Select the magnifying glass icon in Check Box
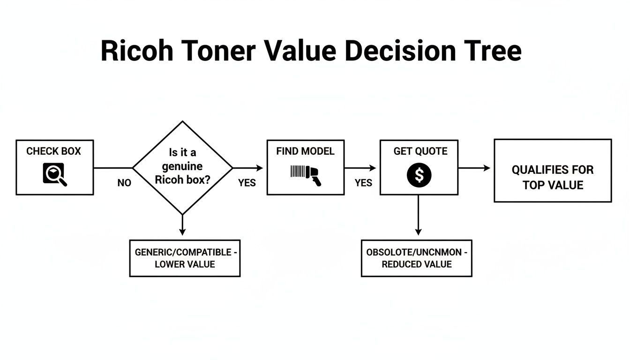click(55, 175)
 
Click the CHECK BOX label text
click(53, 151)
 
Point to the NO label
click(124, 183)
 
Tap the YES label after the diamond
click(247, 183)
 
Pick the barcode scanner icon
click(305, 175)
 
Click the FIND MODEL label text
click(305, 151)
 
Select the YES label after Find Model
click(363, 183)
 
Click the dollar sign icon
click(419, 175)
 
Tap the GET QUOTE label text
click(420, 151)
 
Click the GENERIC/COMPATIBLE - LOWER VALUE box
click(185, 258)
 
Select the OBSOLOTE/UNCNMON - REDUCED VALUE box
click(416, 258)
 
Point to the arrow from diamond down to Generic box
click(182, 225)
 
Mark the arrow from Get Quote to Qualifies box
click(474, 168)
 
